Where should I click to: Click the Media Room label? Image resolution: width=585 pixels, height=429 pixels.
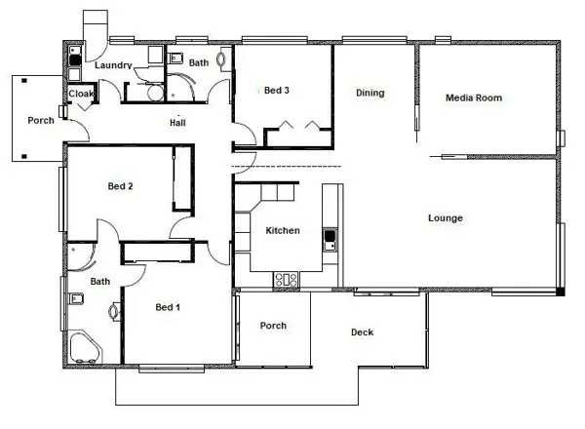click(x=474, y=97)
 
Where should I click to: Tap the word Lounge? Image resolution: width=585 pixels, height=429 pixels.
click(x=446, y=217)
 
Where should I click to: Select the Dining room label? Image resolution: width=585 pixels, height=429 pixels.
click(x=370, y=93)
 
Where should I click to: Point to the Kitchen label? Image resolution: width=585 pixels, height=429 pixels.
click(x=283, y=230)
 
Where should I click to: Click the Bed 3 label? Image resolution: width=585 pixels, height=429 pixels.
click(x=277, y=91)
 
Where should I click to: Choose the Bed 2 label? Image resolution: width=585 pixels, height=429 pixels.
click(x=120, y=186)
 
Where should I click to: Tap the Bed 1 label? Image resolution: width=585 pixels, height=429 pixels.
click(x=168, y=307)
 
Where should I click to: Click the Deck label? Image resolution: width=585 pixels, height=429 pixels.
click(x=362, y=332)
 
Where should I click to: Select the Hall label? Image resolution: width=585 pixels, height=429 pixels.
click(x=177, y=122)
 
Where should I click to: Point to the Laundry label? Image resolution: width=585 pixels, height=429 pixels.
click(x=113, y=65)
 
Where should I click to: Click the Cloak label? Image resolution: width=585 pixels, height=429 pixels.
click(x=81, y=94)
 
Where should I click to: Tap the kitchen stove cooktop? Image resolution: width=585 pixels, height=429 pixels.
click(x=286, y=280)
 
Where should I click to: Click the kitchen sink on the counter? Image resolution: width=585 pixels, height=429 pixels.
click(x=330, y=240)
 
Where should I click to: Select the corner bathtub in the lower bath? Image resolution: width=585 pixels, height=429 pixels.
click(x=85, y=347)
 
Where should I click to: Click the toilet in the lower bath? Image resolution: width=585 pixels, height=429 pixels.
click(x=76, y=298)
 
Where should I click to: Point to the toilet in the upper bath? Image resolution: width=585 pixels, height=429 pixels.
click(x=175, y=58)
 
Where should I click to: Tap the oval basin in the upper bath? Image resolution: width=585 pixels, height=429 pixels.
click(x=221, y=59)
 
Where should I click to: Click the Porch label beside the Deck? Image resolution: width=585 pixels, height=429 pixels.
click(x=273, y=326)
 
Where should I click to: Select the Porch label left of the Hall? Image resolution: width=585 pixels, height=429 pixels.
click(x=41, y=120)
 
